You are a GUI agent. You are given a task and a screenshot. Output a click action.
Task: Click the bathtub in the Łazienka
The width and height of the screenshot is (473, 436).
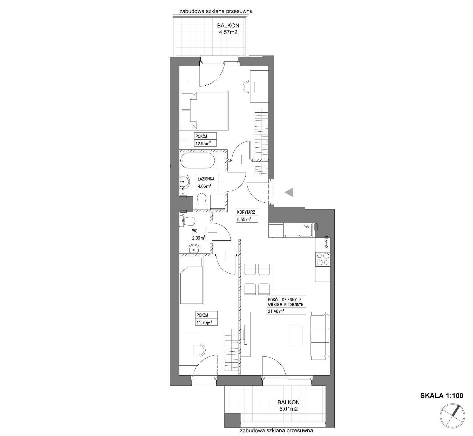click(198, 161)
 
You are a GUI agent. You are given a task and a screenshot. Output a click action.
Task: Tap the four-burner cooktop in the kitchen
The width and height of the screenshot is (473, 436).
click(323, 259)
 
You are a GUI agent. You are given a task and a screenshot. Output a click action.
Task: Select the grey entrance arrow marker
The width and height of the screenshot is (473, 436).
click(289, 192)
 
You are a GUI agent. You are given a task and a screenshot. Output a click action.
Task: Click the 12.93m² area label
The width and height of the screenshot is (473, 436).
click(202, 143)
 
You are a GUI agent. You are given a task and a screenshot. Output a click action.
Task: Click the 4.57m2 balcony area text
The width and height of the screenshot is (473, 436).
click(228, 32)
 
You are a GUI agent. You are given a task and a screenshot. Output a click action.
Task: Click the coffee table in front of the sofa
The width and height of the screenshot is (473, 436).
click(296, 335)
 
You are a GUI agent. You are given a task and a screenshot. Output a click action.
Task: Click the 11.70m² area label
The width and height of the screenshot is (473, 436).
click(203, 323)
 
